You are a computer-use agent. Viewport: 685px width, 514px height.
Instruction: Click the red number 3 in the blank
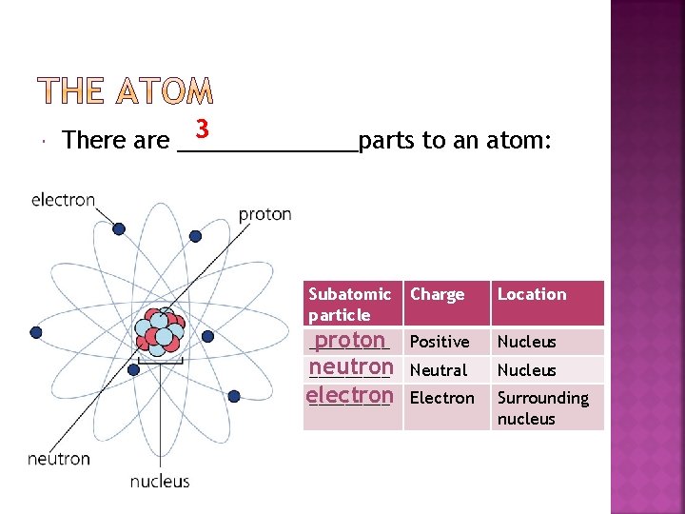pyautogui.click(x=201, y=128)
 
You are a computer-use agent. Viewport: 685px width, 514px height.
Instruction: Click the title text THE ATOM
pyautogui.click(x=126, y=91)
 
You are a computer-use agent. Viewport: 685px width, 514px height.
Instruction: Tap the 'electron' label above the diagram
pyautogui.click(x=64, y=200)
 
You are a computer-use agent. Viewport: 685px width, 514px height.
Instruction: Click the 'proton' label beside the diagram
pyautogui.click(x=264, y=214)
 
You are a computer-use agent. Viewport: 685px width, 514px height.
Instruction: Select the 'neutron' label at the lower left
pyautogui.click(x=59, y=458)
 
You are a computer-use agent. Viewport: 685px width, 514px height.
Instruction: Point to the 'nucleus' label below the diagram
pyautogui.click(x=160, y=482)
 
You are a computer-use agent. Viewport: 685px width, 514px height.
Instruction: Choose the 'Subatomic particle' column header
pyautogui.click(x=349, y=304)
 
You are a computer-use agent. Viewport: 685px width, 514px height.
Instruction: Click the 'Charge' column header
pyautogui.click(x=437, y=294)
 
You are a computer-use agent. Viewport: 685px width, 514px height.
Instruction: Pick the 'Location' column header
pyautogui.click(x=531, y=294)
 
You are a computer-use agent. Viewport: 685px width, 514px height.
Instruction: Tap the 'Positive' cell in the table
pyautogui.click(x=439, y=342)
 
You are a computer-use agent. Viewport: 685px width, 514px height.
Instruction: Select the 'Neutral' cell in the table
pyautogui.click(x=438, y=370)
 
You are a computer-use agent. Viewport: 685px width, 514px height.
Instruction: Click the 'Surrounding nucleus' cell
pyautogui.click(x=543, y=407)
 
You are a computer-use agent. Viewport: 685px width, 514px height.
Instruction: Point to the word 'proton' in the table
pyautogui.click(x=349, y=341)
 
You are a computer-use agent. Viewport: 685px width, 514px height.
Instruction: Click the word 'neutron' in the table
pyautogui.click(x=351, y=367)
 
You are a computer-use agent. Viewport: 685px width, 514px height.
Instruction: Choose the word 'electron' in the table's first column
pyautogui.click(x=349, y=395)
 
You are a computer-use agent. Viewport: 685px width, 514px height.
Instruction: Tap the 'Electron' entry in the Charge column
pyautogui.click(x=441, y=398)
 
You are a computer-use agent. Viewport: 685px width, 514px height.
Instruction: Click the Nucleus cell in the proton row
pyautogui.click(x=526, y=342)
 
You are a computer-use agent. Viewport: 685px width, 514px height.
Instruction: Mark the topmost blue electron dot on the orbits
pyautogui.click(x=119, y=229)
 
